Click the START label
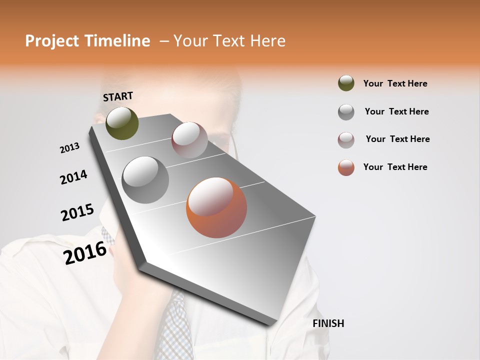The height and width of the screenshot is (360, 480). pyautogui.click(x=118, y=96)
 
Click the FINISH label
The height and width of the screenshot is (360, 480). pyautogui.click(x=328, y=323)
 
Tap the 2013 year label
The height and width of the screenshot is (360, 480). pyautogui.click(x=69, y=148)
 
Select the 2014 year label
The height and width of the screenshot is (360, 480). pyautogui.click(x=73, y=177)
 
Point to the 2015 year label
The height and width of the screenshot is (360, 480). pyautogui.click(x=77, y=212)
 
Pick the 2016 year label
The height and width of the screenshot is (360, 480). pyautogui.click(x=85, y=252)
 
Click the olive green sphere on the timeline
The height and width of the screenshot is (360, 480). pyautogui.click(x=122, y=123)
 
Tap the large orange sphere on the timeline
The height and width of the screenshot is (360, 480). pyautogui.click(x=216, y=207)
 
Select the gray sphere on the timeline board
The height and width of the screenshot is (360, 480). pyautogui.click(x=145, y=180)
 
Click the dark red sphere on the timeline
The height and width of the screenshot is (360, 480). pyautogui.click(x=189, y=140)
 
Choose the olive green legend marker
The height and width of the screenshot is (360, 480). pyautogui.click(x=346, y=83)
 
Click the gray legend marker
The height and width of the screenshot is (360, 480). pyautogui.click(x=346, y=111)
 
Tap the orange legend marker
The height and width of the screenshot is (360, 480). pyautogui.click(x=346, y=167)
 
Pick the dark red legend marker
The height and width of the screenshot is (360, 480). pyautogui.click(x=346, y=139)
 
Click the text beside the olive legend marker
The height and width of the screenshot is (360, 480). pyautogui.click(x=395, y=83)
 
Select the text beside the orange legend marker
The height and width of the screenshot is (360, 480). pyautogui.click(x=395, y=167)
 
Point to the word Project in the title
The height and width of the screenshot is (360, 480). pyautogui.click(x=51, y=41)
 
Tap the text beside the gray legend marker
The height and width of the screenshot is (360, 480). pyautogui.click(x=396, y=111)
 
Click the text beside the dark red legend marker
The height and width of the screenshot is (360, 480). pyautogui.click(x=397, y=139)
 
